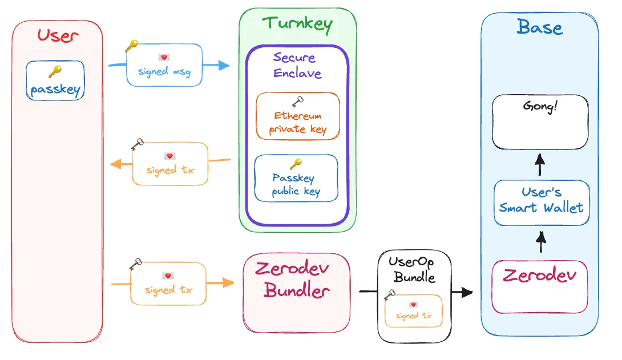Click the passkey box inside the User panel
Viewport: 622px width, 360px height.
(55, 81)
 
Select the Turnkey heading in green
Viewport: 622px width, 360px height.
(297, 24)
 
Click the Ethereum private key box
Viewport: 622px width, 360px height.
(297, 116)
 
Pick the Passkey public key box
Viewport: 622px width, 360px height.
(296, 178)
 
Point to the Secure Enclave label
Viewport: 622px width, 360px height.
(297, 65)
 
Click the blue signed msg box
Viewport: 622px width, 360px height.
(164, 65)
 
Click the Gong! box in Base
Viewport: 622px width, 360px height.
(540, 122)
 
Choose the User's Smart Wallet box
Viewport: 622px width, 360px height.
(541, 202)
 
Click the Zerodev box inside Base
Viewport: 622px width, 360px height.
(539, 287)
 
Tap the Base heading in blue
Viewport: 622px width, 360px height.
(539, 27)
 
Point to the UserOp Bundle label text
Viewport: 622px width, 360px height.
(412, 270)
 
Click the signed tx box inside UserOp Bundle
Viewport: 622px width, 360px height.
(413, 311)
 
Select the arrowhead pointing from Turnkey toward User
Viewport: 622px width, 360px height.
(116, 165)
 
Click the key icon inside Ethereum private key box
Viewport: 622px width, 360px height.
(297, 102)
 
